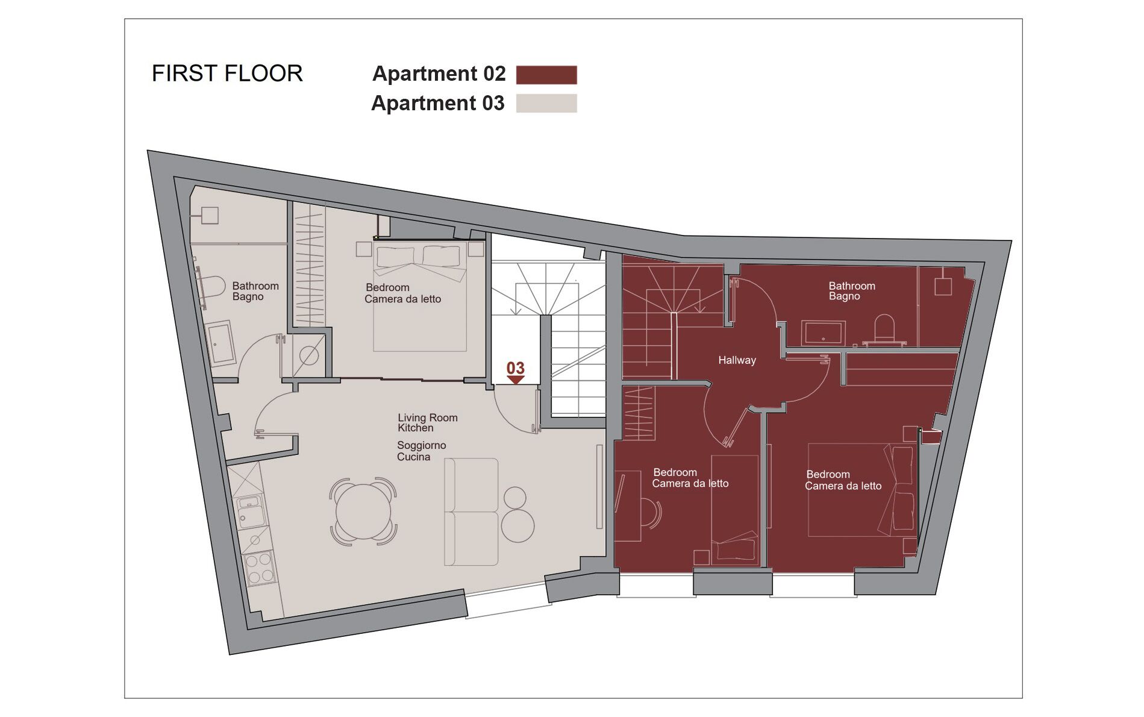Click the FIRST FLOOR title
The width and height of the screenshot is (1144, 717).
point(227,74)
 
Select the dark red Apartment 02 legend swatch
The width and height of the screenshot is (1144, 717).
point(546,75)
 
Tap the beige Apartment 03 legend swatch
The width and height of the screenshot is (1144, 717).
point(546,103)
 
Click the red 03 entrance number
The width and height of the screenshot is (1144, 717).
point(516,368)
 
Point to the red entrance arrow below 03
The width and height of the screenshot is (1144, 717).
point(516,380)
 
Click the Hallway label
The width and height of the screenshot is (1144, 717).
point(737,360)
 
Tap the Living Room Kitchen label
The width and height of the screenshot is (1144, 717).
point(427,422)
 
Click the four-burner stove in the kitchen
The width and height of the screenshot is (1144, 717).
point(260,568)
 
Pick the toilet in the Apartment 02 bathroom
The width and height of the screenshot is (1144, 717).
point(884,328)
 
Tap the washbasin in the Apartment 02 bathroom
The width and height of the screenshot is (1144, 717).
point(823,332)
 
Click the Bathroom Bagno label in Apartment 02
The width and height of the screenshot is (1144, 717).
point(851,291)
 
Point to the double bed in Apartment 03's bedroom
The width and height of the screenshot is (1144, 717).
point(420,296)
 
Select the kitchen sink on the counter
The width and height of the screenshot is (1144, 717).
point(251,511)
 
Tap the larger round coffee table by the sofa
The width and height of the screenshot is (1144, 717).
point(517,525)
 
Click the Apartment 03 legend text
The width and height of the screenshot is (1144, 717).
point(438,103)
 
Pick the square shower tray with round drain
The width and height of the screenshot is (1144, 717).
point(308,355)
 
